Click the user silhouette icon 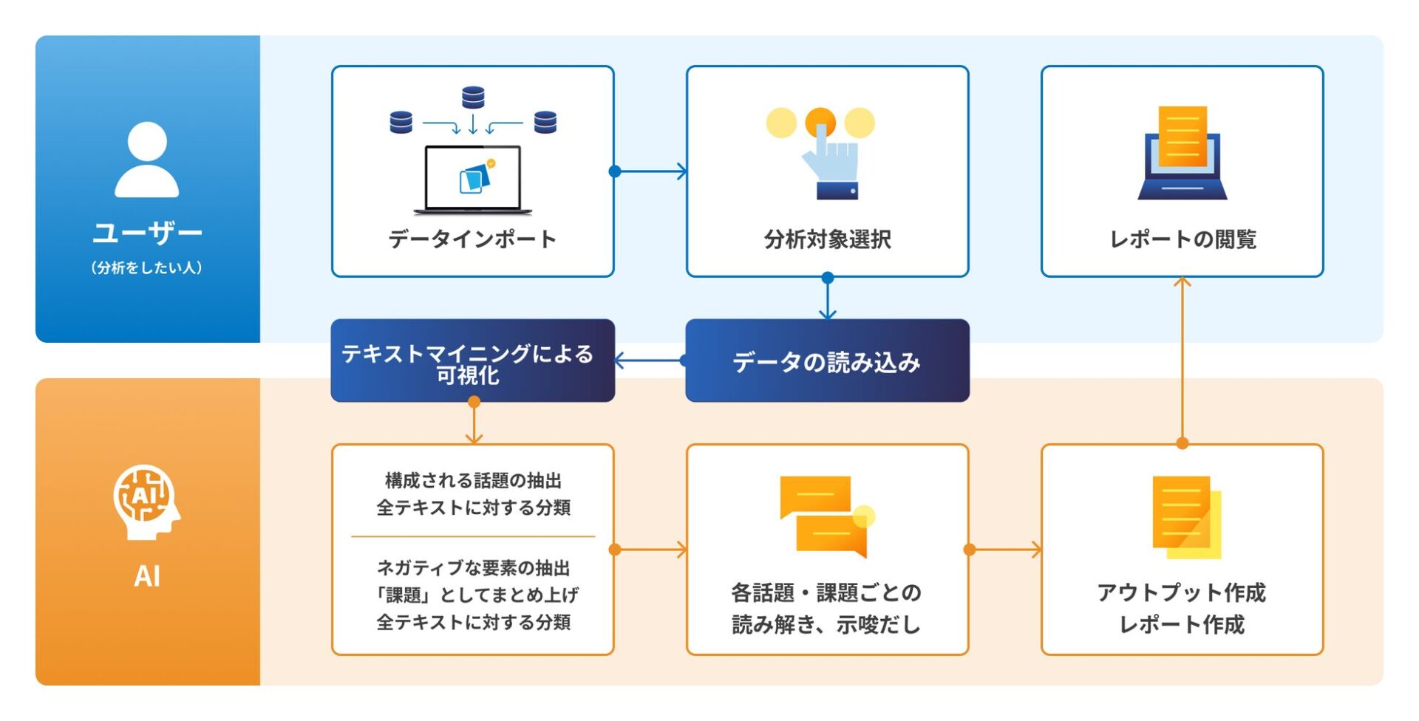point(147,160)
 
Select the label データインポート point(472,239)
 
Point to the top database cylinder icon point(473,97)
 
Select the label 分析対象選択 point(827,239)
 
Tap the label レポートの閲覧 point(1182,239)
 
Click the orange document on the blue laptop point(1182,137)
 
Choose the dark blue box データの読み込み point(827,361)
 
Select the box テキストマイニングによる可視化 point(472,361)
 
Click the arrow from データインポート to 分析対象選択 point(650,171)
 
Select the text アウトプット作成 point(1182,592)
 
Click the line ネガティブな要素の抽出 point(473,567)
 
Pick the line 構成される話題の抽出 point(473,481)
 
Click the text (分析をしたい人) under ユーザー point(146,268)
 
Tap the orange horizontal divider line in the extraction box point(473,537)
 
